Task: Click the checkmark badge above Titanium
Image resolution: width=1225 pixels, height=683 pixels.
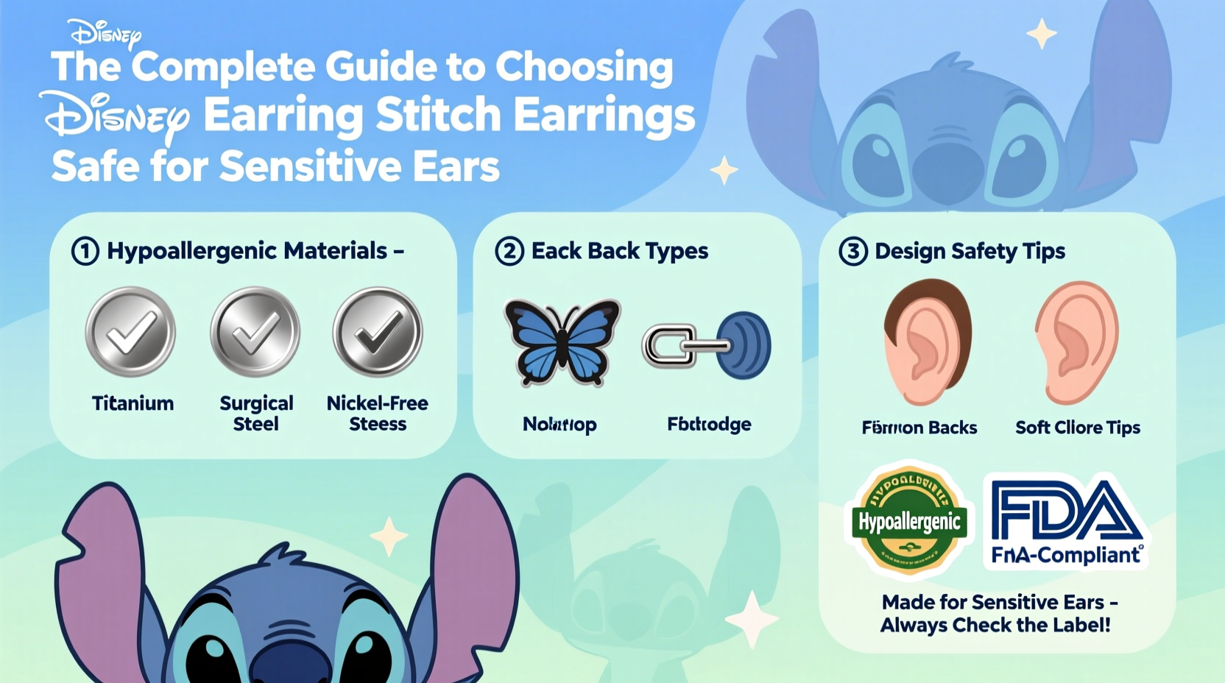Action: pos(130,333)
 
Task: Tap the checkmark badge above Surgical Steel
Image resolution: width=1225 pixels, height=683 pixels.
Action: pos(255,333)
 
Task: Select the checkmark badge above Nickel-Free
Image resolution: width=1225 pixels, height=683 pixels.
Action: pos(378,333)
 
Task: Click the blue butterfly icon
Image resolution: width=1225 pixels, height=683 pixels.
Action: pos(562,341)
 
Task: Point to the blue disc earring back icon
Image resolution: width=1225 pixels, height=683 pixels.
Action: pos(744,345)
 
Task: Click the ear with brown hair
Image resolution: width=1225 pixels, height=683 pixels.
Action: pos(928,342)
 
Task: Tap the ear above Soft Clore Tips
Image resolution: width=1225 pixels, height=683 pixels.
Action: pos(1076,342)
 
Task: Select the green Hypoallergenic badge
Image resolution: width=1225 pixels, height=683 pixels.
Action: pos(910,521)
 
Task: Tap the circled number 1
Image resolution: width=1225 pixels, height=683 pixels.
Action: pos(85,251)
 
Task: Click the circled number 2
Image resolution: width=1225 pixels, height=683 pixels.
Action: pos(509,251)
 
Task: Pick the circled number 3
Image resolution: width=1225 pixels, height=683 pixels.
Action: pos(852,251)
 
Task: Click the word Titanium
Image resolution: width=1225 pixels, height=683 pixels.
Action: pos(133,403)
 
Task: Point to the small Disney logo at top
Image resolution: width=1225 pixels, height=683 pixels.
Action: pos(105,33)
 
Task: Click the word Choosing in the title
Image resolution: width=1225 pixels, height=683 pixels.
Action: pos(584,68)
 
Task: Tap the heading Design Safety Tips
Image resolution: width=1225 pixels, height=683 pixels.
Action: pos(970,251)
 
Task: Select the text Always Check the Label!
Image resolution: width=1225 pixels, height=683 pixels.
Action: pos(995,626)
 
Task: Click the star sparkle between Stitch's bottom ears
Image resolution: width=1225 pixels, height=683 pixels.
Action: pos(389,536)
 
